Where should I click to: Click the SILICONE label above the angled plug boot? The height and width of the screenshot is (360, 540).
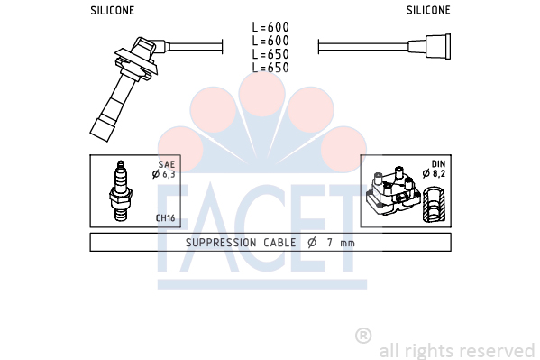(113, 10)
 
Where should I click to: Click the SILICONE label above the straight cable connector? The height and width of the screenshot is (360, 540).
(428, 10)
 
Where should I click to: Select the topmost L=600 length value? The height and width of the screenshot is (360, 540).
(270, 27)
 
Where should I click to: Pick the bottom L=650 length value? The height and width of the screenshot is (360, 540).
(270, 68)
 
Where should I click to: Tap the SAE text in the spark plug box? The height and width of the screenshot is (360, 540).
(167, 164)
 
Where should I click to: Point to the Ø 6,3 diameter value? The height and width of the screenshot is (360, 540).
(163, 174)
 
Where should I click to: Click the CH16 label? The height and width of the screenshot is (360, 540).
(165, 218)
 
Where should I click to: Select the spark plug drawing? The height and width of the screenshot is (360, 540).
(121, 190)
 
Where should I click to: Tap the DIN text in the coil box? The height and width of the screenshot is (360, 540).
(438, 164)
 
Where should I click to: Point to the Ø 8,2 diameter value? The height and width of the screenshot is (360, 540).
(434, 173)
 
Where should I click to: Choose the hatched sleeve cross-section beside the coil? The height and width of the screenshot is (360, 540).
(434, 205)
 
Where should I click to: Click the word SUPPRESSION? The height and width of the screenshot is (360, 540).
(221, 243)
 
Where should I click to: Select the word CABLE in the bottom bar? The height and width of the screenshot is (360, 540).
(279, 243)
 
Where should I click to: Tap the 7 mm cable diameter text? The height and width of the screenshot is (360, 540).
(341, 243)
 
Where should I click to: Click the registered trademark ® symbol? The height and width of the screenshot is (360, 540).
(363, 336)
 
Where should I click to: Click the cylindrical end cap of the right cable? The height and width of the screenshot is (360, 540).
(438, 46)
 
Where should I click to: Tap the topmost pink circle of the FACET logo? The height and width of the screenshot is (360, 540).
(262, 93)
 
